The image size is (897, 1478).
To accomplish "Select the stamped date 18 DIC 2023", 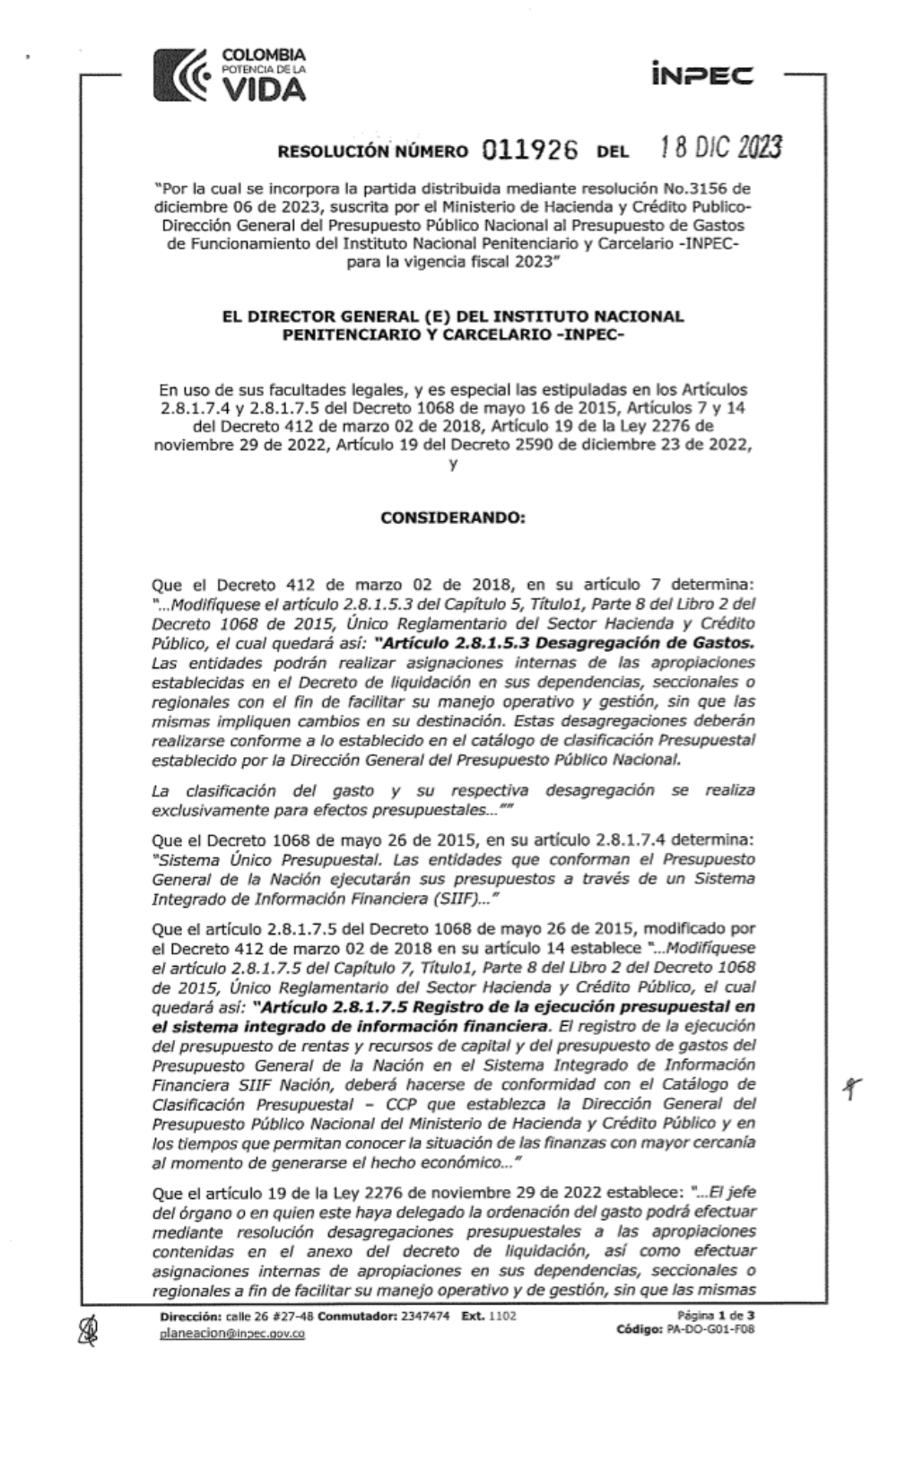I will [x=720, y=147].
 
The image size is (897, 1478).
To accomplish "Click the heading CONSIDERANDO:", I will [x=452, y=518].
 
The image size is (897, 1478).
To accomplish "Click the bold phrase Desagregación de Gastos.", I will [x=664, y=643].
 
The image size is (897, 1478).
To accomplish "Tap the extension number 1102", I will [x=501, y=1316].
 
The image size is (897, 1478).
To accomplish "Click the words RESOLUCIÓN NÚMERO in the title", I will [x=372, y=152].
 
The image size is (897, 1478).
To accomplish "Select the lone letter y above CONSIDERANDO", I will [x=454, y=464].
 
